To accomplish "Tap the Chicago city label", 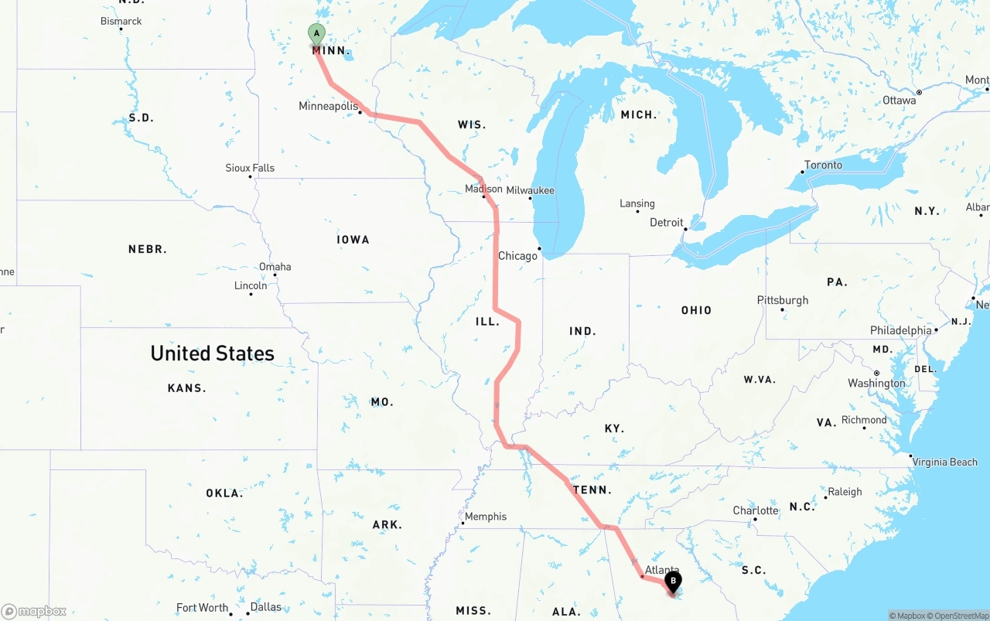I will [517, 256].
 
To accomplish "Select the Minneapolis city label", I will [328, 106].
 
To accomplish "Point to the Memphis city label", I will [486, 516].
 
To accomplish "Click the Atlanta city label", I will [661, 570].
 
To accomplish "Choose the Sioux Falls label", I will [250, 168].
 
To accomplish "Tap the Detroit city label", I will [666, 222].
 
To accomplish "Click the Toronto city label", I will [823, 165].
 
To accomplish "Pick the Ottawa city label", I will [899, 101].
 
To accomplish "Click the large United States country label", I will [212, 353].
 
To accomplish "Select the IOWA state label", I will [353, 240].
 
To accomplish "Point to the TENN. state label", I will [592, 490].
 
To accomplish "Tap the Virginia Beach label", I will [944, 462].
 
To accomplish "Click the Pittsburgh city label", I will [783, 300].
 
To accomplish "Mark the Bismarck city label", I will [121, 21].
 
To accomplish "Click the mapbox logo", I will [34, 611].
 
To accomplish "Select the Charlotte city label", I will [756, 510].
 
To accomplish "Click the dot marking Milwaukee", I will [530, 199].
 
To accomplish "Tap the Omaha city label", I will [275, 267].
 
